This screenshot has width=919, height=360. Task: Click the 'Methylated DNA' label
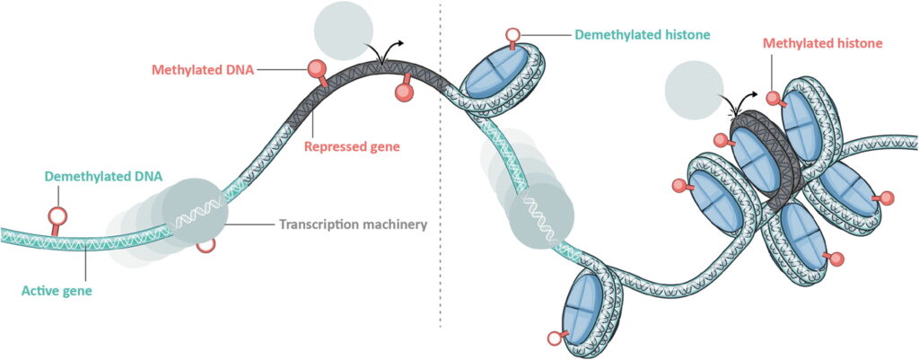click(203, 68)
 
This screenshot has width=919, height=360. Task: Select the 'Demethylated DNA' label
click(103, 176)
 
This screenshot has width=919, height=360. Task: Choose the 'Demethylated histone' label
click(643, 35)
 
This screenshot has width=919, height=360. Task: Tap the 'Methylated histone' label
click(822, 42)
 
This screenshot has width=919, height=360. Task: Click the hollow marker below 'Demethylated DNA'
click(57, 215)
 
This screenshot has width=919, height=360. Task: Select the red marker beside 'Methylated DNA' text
click(316, 67)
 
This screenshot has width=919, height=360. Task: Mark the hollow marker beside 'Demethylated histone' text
click(511, 37)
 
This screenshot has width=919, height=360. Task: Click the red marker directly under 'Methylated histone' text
click(773, 97)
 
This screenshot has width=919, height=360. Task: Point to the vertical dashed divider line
click(440, 180)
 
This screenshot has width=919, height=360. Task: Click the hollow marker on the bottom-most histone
click(553, 338)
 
